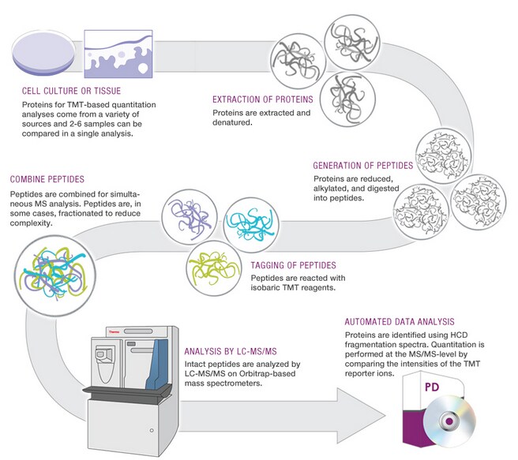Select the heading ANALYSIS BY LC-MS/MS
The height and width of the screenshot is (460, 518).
coord(230,352)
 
